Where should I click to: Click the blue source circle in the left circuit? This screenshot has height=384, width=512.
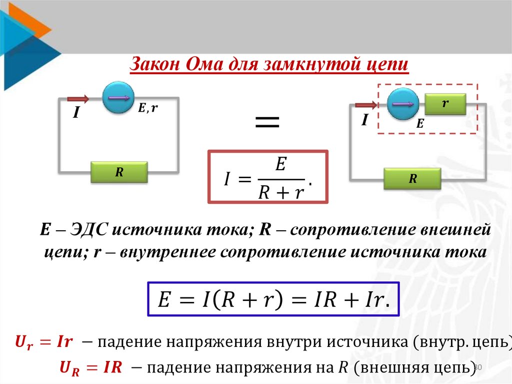coord(118,98)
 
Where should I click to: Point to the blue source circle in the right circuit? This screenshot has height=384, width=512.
coord(403,104)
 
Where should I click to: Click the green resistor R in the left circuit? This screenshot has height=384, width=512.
coord(119,172)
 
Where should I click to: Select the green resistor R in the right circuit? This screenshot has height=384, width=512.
coord(412,179)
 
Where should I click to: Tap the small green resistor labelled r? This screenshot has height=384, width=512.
coord(445,104)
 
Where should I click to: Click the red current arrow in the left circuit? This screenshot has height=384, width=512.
coord(77,99)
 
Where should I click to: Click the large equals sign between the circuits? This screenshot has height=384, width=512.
coord(267,122)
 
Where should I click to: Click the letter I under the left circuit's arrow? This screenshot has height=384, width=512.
coord(76,114)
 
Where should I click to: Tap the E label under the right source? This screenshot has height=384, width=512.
coord(419,124)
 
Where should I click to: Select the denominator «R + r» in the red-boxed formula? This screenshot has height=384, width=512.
coord(281,192)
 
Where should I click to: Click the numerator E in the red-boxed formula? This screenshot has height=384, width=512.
coord(280,166)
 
